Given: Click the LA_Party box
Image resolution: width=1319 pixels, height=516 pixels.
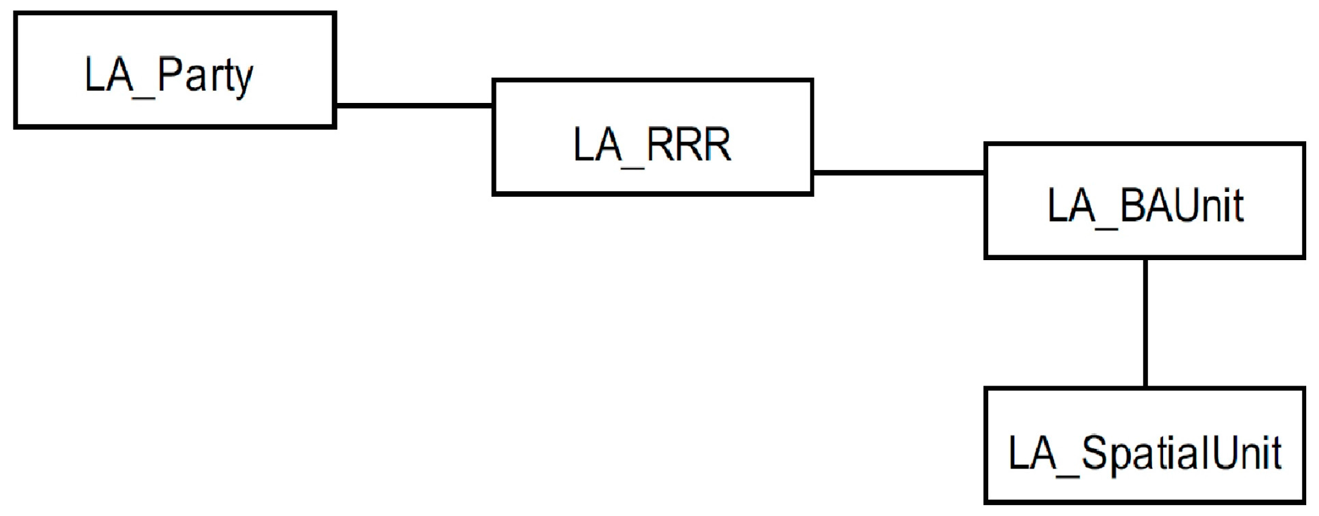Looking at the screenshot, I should coord(175,70).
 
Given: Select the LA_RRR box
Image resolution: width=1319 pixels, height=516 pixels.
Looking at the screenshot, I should coord(652,137).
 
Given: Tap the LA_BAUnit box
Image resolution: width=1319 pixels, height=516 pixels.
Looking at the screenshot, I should coord(1145,201).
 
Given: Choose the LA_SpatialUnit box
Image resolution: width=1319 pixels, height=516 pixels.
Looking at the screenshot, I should coord(1145,445).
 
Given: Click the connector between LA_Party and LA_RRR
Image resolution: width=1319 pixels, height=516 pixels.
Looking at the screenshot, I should coord(414,105).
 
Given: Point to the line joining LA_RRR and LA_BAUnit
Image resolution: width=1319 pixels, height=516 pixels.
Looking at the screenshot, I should coord(899,172).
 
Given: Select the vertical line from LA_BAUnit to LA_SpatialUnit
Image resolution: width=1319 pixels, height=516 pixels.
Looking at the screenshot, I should coord(1145,323).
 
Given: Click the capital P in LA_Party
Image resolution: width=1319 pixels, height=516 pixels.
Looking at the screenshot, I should coord(170,74).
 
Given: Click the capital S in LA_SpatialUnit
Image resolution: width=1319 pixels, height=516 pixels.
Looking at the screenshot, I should coord(1094,453).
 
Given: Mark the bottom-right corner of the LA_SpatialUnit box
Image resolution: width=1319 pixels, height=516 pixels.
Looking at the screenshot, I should coord(1303,502).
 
